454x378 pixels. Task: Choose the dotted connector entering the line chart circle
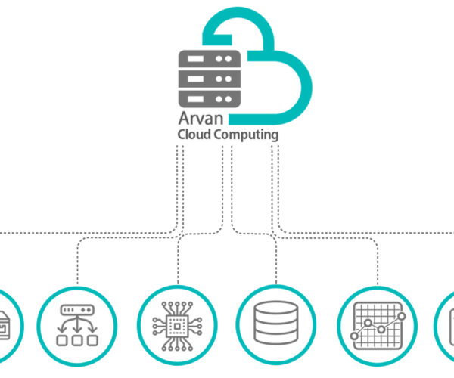(x=375, y=265)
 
